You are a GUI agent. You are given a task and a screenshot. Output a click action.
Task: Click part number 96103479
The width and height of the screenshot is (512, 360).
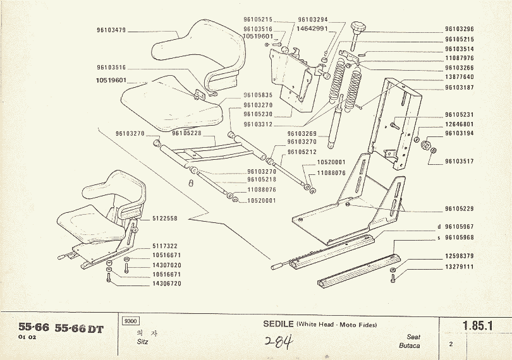click(x=112, y=30)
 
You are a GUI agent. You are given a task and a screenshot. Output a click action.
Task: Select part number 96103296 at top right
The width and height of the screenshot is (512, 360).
click(x=460, y=29)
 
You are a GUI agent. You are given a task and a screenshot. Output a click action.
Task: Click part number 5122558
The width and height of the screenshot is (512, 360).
click(x=165, y=218)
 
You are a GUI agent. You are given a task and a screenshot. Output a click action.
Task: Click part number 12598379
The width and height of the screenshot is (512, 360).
click(x=460, y=256)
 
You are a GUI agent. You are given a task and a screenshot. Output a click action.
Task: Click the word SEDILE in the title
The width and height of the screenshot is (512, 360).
click(x=278, y=324)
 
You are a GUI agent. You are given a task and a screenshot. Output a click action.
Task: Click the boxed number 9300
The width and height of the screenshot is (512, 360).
click(x=132, y=321)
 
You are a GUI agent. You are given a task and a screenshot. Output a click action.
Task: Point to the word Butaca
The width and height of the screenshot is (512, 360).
click(x=410, y=345)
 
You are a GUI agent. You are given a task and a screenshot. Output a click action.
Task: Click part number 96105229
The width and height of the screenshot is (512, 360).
click(x=460, y=208)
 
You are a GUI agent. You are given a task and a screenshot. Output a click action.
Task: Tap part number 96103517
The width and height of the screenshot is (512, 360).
click(x=460, y=161)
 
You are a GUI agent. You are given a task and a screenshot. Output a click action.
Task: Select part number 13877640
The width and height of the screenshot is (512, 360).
click(x=460, y=77)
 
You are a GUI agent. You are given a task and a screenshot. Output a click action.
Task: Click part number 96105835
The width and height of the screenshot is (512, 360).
click(x=258, y=95)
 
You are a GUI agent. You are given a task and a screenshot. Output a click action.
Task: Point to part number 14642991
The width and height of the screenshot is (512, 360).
click(x=312, y=28)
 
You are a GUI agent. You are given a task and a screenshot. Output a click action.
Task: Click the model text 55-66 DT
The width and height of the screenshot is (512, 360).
click(x=80, y=328)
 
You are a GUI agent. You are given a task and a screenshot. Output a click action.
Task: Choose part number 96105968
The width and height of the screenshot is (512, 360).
click(x=460, y=237)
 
